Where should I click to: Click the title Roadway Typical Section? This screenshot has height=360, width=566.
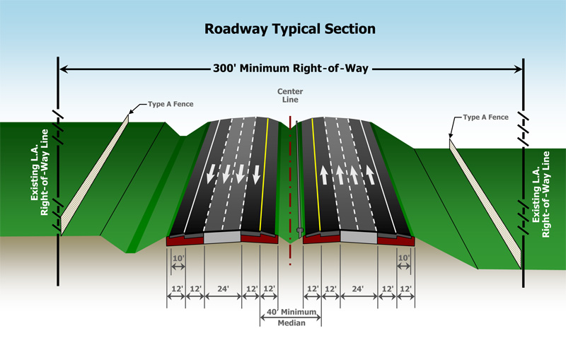tap(289, 29)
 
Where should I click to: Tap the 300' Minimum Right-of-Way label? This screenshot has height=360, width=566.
tap(291, 69)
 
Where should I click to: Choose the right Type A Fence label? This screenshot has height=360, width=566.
tap(485, 117)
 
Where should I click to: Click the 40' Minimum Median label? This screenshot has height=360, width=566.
tap(291, 318)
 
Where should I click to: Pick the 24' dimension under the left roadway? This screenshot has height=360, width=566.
tap(222, 289)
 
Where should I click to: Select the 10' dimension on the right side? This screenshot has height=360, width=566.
tap(404, 260)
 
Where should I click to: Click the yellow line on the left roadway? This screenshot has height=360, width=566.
tap(270, 177)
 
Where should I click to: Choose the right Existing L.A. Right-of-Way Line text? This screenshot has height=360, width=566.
tap(541, 193)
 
